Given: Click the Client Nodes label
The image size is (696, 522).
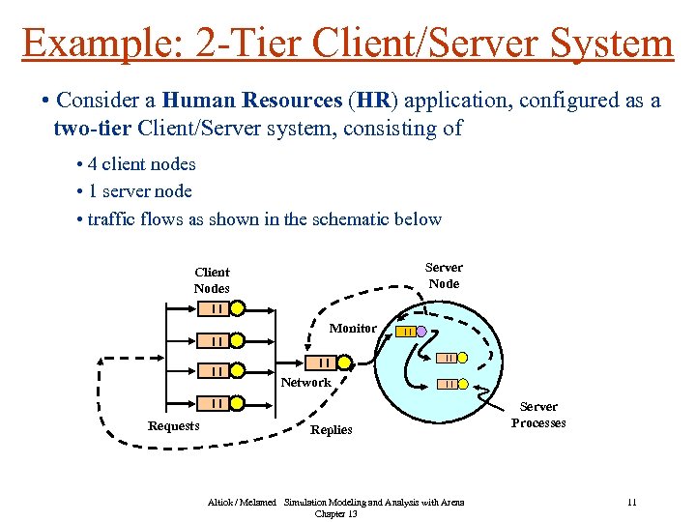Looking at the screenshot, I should coord(212,280).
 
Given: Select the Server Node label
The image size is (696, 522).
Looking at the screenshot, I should coord(444,275).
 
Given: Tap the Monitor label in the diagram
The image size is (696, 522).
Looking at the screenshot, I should coord(353,329).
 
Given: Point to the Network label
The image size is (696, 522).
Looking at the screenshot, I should coord(305,383).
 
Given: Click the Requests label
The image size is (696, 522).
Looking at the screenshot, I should coord(173,426).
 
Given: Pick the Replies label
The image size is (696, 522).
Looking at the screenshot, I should coord(331,430).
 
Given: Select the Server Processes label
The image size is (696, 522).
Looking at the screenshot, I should coord(538,416).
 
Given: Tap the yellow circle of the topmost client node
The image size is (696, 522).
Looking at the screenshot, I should coord(238,309).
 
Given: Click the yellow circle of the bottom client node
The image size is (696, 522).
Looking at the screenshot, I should coord(238,403).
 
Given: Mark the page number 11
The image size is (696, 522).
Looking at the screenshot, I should coord(631,503).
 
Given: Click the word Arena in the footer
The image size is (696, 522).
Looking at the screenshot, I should coord(451,503).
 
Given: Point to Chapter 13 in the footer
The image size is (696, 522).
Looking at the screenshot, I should coord(335,514).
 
